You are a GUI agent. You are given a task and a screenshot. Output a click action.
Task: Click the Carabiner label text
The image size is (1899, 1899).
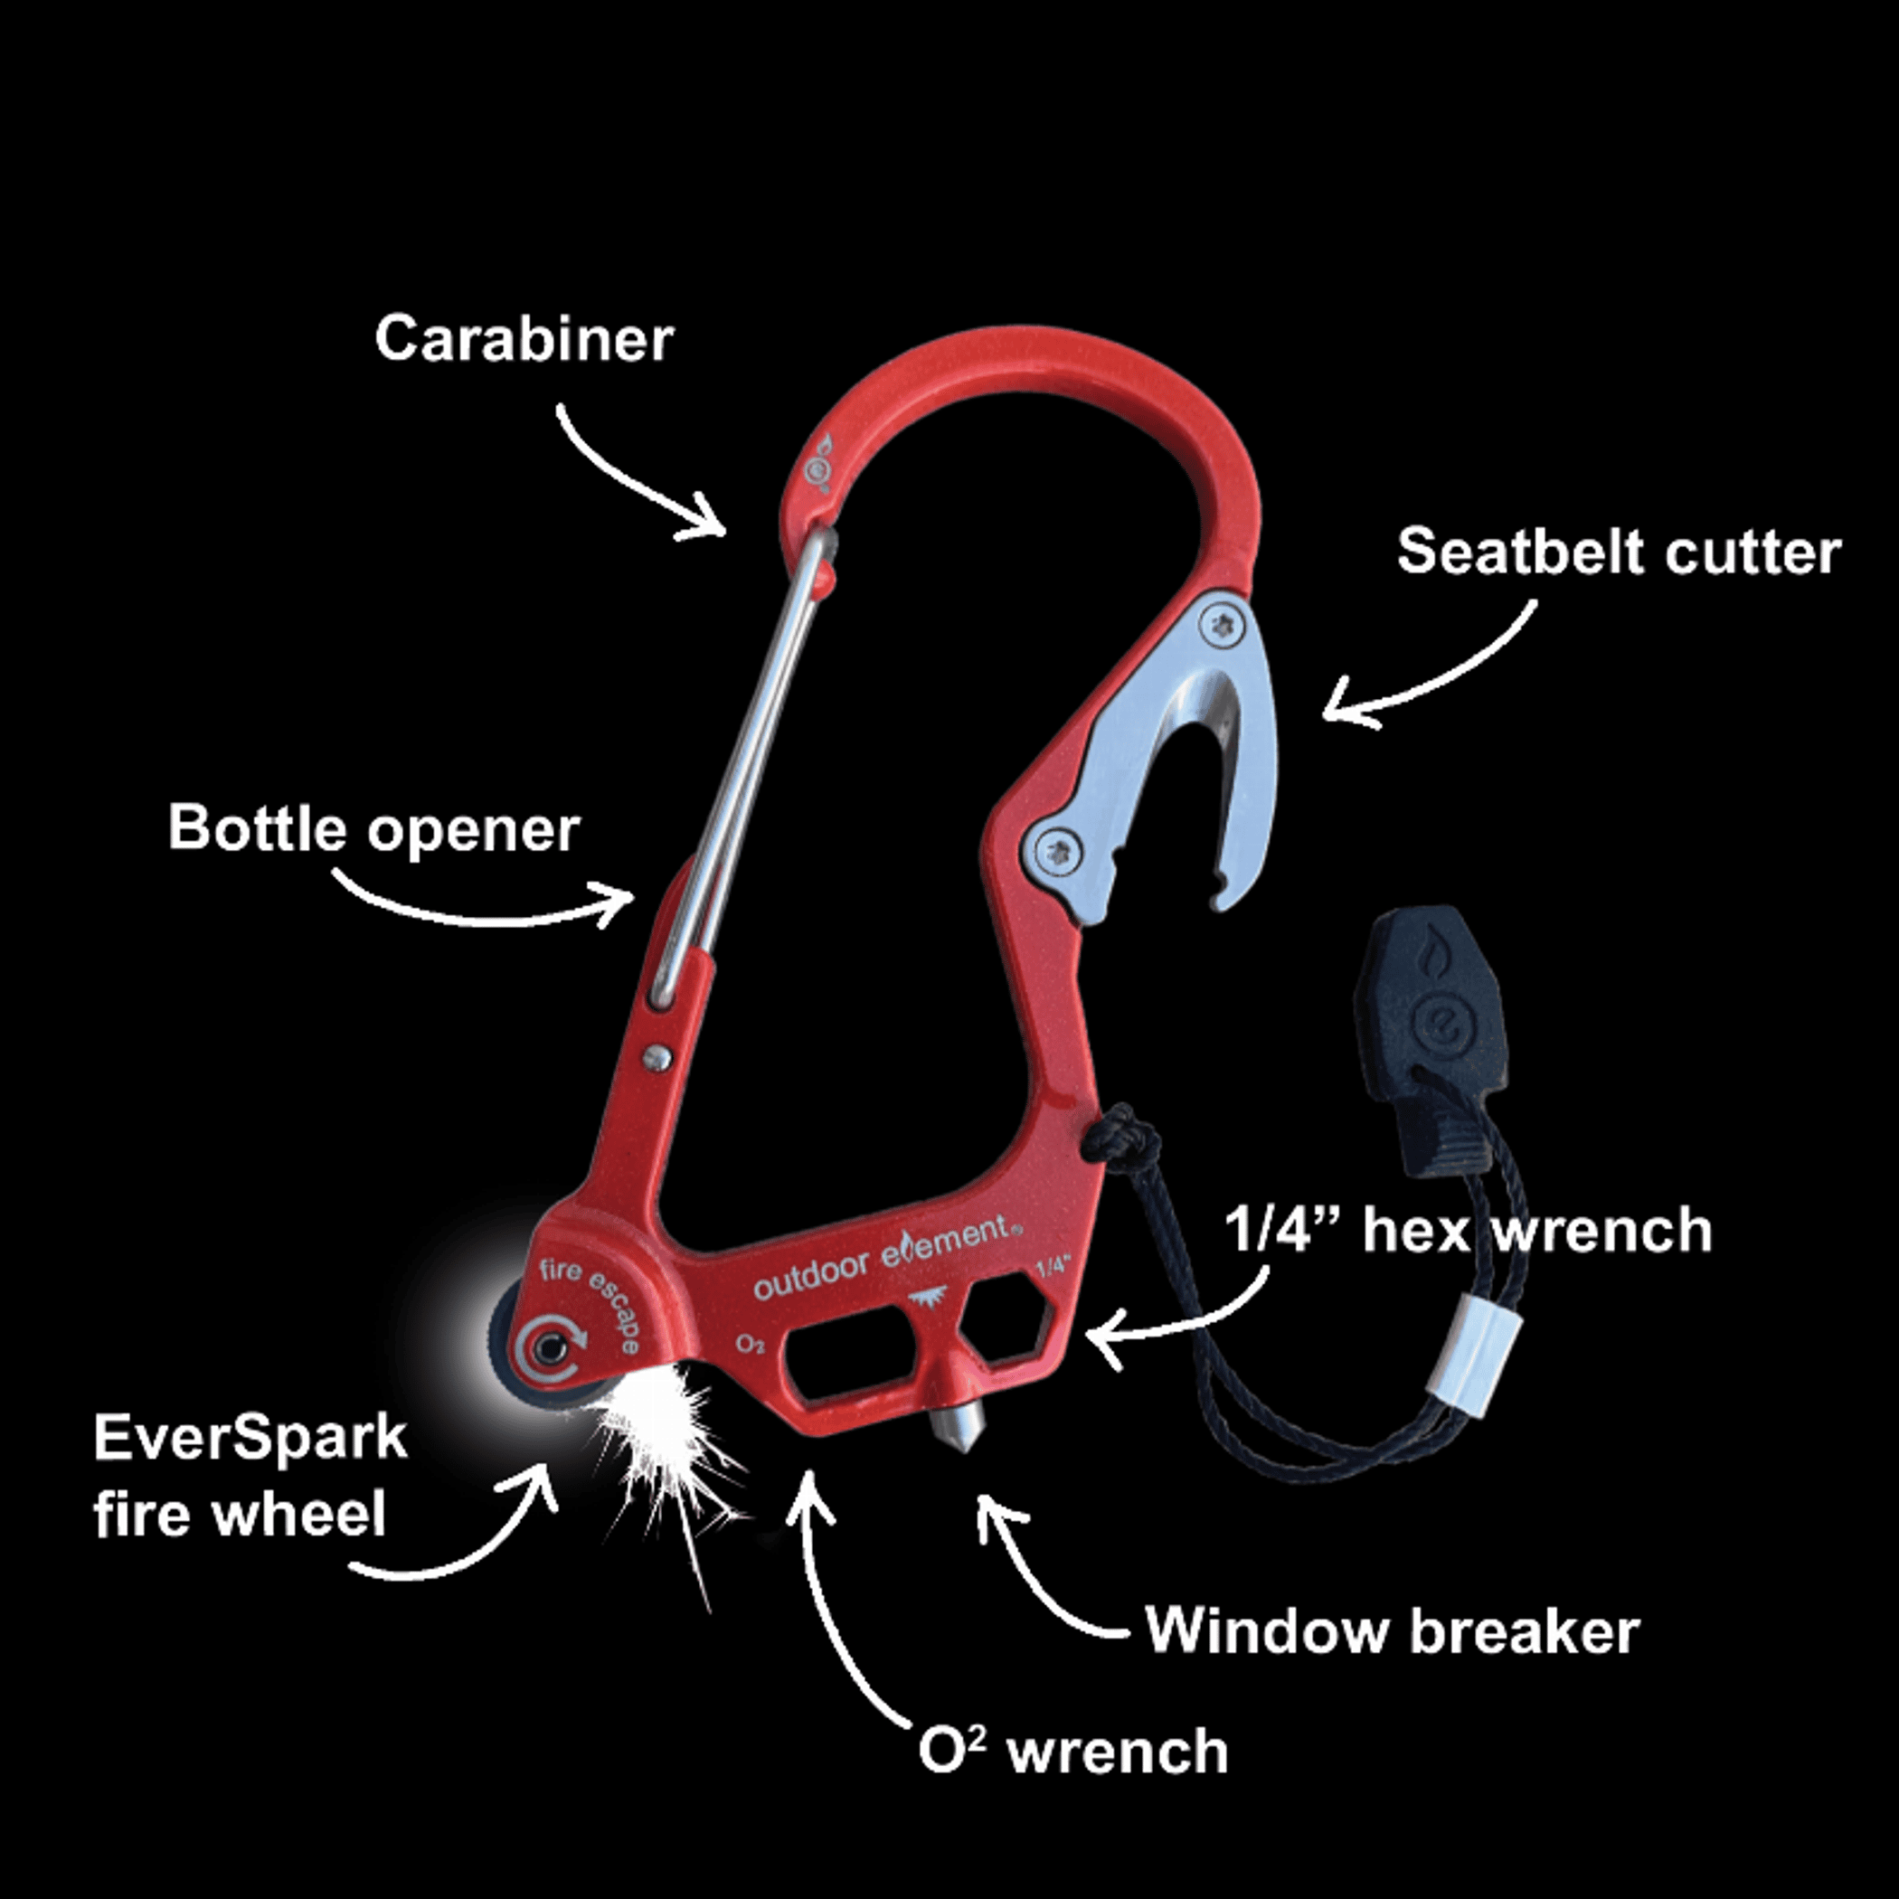(x=524, y=340)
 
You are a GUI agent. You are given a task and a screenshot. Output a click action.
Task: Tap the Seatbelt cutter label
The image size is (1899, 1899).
(x=1618, y=552)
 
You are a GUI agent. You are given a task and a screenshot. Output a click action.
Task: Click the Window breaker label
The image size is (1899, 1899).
(x=1392, y=1631)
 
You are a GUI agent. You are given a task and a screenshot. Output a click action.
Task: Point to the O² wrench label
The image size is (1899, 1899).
(x=1072, y=1752)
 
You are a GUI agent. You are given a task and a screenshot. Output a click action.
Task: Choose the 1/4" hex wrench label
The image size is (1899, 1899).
(x=1468, y=1231)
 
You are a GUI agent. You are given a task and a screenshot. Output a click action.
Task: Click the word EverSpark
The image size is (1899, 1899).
(x=250, y=1438)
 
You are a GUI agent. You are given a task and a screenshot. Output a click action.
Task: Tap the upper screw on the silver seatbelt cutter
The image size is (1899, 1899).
(x=1223, y=624)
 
